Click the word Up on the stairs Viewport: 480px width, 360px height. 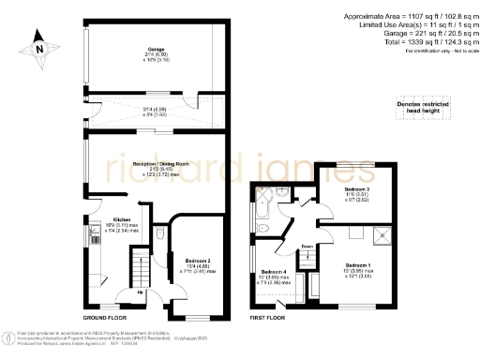(141, 291)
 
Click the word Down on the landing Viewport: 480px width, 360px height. (307, 247)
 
